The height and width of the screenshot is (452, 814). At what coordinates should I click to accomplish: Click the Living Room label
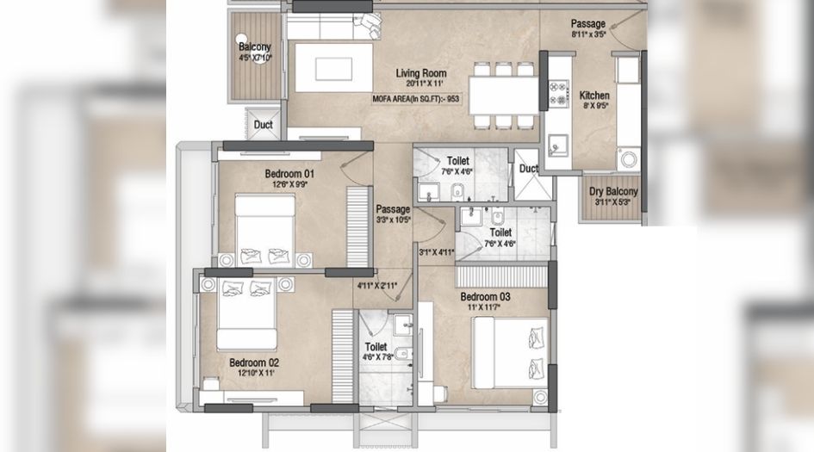click(x=419, y=73)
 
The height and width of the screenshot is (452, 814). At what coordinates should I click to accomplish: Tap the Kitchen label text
click(x=594, y=96)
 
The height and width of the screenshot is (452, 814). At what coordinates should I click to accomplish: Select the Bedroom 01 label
click(x=289, y=174)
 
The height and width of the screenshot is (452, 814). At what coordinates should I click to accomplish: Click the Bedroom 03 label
click(x=485, y=298)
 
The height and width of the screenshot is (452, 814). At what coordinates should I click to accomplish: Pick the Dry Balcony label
click(x=613, y=191)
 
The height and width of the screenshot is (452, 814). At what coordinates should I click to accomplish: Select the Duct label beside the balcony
click(x=263, y=126)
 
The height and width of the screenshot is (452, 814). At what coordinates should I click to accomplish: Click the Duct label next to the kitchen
click(x=528, y=169)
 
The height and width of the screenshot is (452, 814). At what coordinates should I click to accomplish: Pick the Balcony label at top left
click(x=254, y=47)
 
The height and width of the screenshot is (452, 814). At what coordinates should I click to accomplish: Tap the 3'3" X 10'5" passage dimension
click(x=393, y=220)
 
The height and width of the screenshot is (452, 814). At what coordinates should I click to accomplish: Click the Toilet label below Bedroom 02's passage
click(x=376, y=348)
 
